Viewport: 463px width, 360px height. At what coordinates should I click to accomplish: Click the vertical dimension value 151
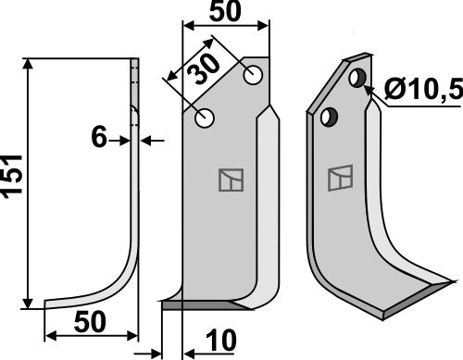[x=13, y=180]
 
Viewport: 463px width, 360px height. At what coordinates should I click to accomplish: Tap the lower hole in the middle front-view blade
[x=206, y=118]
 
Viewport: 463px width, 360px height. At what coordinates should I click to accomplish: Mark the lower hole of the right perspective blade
[x=326, y=118]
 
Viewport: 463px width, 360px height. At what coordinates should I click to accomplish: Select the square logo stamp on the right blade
[x=340, y=175]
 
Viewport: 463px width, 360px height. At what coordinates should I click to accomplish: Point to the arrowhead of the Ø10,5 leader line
[x=369, y=90]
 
